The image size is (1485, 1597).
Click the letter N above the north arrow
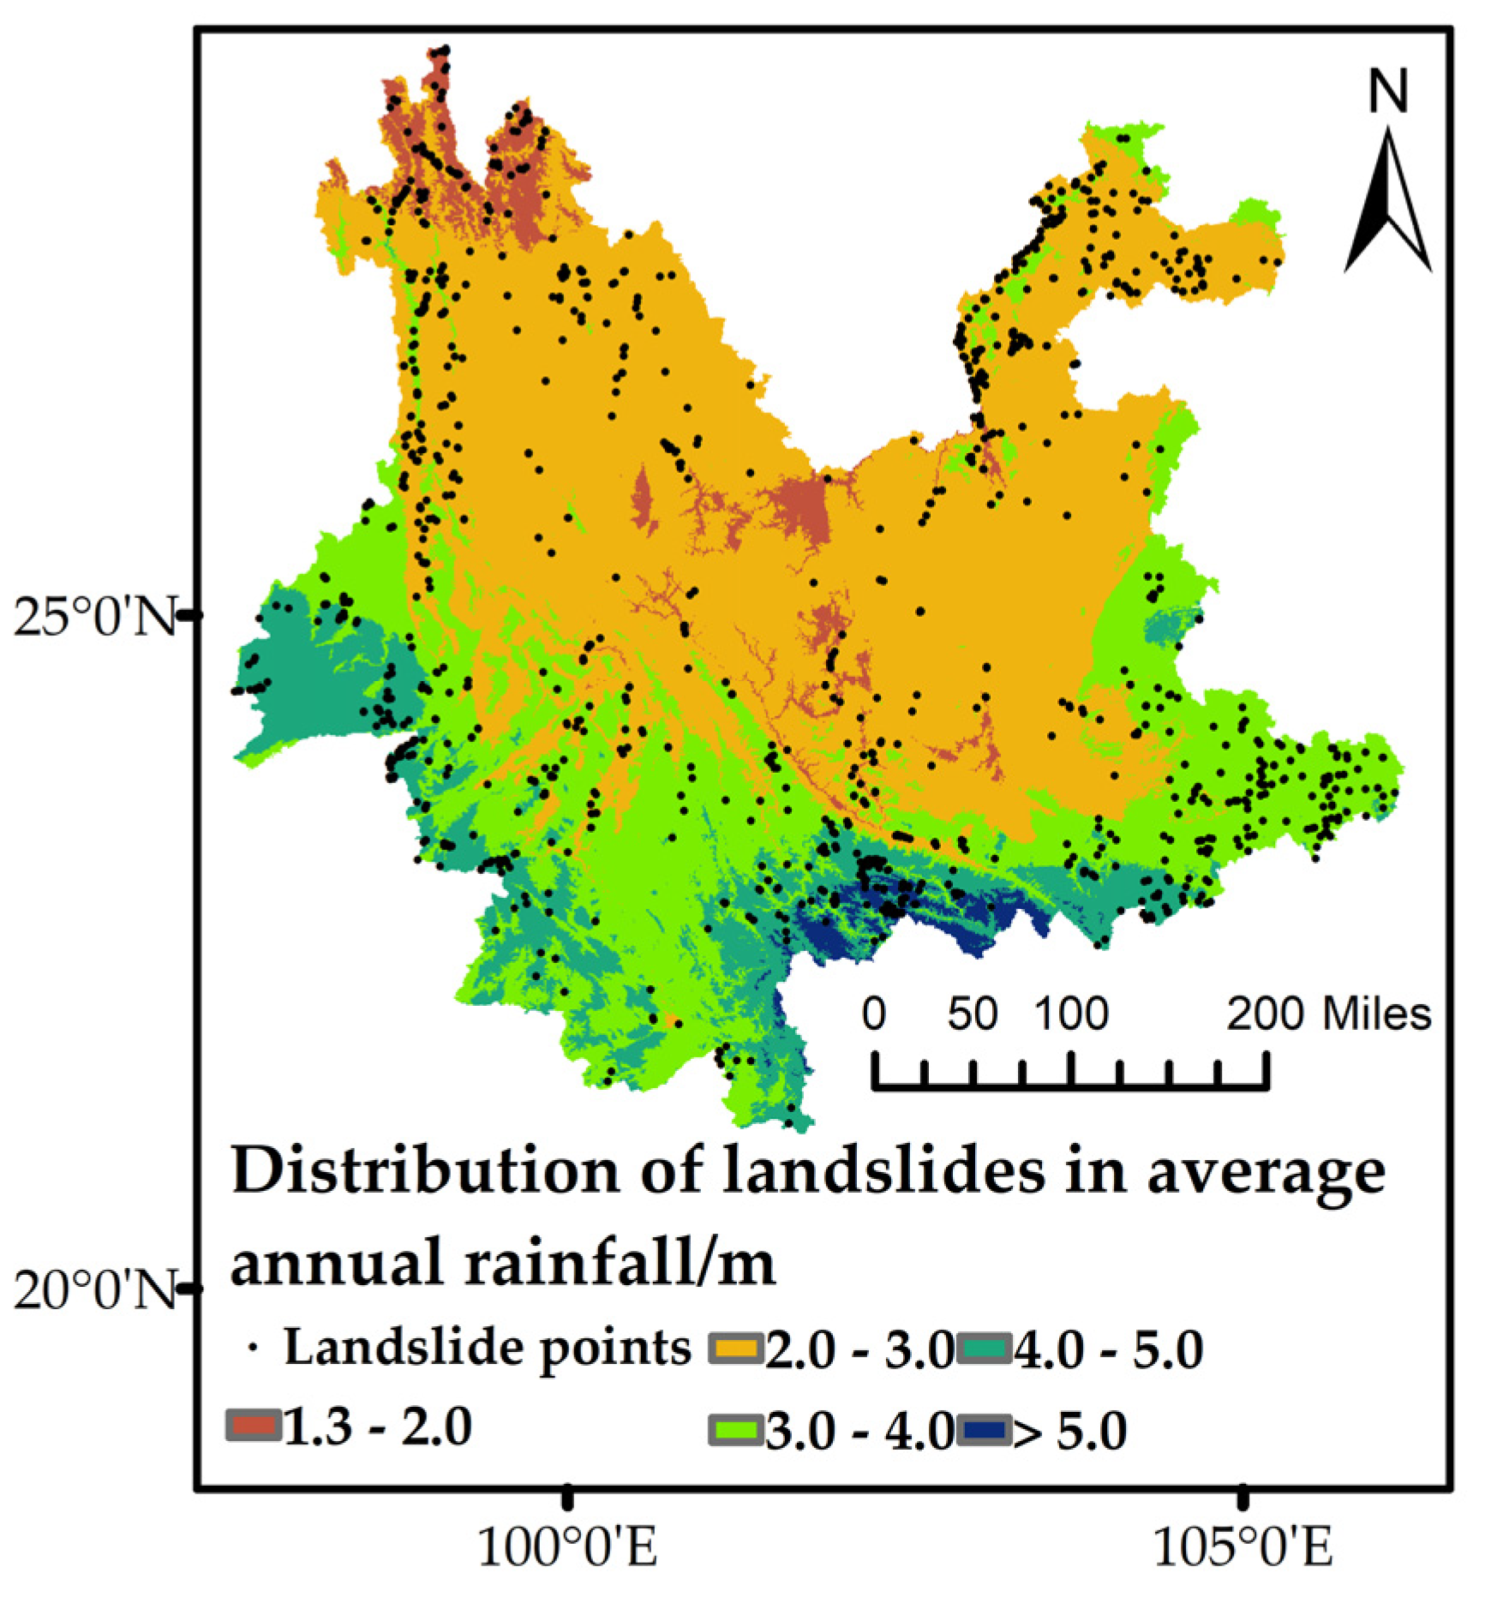coord(1387,92)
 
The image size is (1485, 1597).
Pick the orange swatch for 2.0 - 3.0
coord(735,1348)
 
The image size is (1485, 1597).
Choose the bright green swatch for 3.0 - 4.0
coord(735,1429)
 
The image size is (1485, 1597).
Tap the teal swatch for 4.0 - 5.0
coord(984,1348)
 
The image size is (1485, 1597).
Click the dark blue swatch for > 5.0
coord(984,1429)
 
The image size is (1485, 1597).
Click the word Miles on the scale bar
coord(1377,1014)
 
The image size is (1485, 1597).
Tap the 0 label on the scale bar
coord(873,1014)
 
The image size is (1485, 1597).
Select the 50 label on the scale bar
coord(973,1014)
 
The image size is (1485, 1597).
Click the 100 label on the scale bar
coord(1071,1014)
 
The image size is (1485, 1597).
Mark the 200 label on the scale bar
coord(1266,1014)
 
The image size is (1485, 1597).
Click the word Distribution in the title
coord(425,1170)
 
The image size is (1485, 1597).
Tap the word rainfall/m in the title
coord(620,1262)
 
